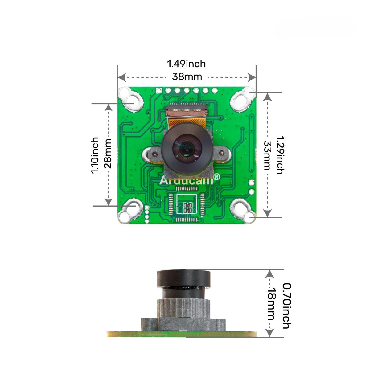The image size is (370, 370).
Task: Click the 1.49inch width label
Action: pyautogui.click(x=186, y=64)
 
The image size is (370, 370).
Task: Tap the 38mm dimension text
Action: pyautogui.click(x=187, y=76)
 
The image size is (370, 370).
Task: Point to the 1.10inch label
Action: pyautogui.click(x=95, y=155)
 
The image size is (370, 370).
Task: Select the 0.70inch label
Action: pyautogui.click(x=287, y=306)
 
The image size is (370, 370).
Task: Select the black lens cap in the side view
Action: pyautogui.click(x=184, y=278)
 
